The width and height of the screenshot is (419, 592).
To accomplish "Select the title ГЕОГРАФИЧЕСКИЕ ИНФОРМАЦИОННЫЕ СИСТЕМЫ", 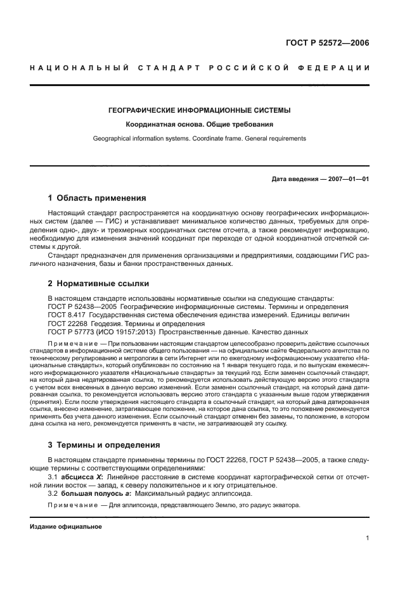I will click(x=199, y=110).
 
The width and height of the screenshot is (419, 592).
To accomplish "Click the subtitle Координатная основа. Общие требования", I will click(x=199, y=125).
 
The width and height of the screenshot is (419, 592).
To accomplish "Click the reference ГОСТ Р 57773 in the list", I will click(x=74, y=332).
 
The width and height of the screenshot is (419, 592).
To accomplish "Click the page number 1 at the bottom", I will click(x=367, y=539).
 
